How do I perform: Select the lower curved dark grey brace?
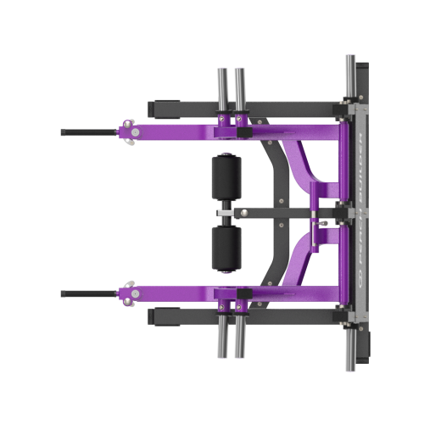pyautogui.click(x=281, y=265)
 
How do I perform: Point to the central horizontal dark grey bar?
pyautogui.click(x=280, y=213)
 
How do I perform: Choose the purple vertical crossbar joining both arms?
pyautogui.click(x=343, y=212)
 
